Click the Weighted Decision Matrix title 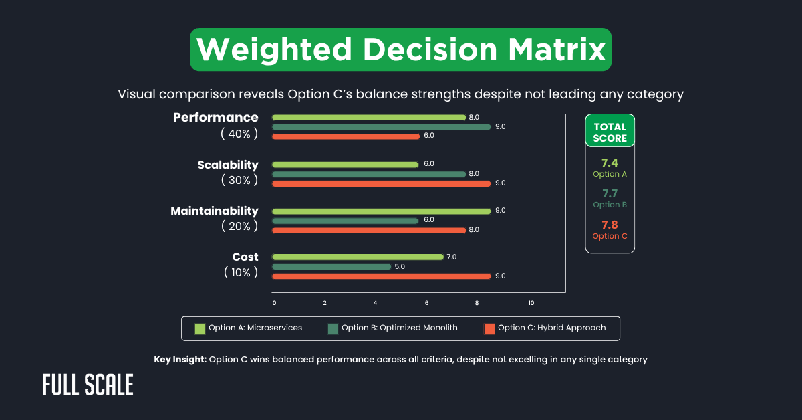pyautogui.click(x=400, y=49)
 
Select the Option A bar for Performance pyautogui.click(x=369, y=117)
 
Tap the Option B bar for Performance pyautogui.click(x=382, y=126)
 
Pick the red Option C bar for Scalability pyautogui.click(x=382, y=183)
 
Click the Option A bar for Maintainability pyautogui.click(x=382, y=211)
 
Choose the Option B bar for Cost pyautogui.click(x=331, y=266)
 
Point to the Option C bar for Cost pyautogui.click(x=382, y=276)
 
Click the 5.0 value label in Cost pyautogui.click(x=400, y=266)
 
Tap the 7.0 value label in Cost pyautogui.click(x=452, y=257)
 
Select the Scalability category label pyautogui.click(x=228, y=165)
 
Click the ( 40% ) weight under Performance pyautogui.click(x=239, y=134)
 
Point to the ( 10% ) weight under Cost pyautogui.click(x=239, y=272)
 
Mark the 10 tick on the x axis pyautogui.click(x=531, y=303)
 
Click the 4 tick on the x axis pyautogui.click(x=376, y=303)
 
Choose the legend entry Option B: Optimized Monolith pyautogui.click(x=392, y=328)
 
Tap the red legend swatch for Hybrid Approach pyautogui.click(x=489, y=328)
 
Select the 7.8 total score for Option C pyautogui.click(x=610, y=224)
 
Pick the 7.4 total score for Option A pyautogui.click(x=610, y=163)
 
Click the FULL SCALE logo pyautogui.click(x=88, y=385)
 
